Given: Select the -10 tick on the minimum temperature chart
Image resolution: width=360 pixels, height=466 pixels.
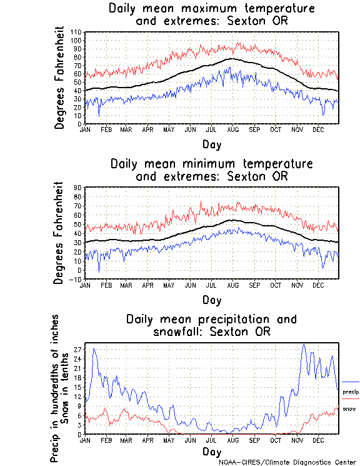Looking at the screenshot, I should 77,279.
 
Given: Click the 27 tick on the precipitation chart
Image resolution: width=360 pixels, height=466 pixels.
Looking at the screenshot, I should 78,349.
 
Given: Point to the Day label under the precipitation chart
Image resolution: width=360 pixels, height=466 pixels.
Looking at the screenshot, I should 212,451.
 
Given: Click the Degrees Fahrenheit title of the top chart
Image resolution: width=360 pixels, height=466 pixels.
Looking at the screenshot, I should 59,77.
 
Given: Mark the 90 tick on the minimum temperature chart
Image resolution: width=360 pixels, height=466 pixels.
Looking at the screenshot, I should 78,187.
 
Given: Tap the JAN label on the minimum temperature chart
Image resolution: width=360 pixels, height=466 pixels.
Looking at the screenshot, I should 86,285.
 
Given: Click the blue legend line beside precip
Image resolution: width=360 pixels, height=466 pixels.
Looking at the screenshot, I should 350,382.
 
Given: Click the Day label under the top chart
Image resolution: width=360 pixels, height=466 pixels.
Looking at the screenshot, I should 212,143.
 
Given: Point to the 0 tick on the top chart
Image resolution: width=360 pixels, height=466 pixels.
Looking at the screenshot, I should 80,124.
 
